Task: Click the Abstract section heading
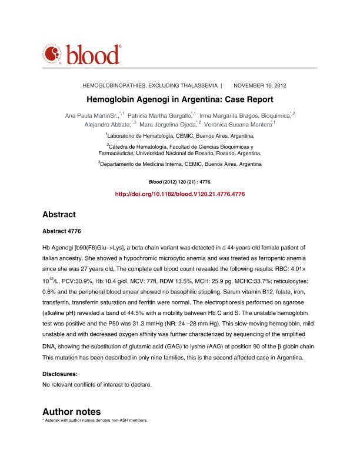click(x=59, y=215)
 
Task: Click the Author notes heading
click(x=72, y=411)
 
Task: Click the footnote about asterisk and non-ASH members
click(x=95, y=421)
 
